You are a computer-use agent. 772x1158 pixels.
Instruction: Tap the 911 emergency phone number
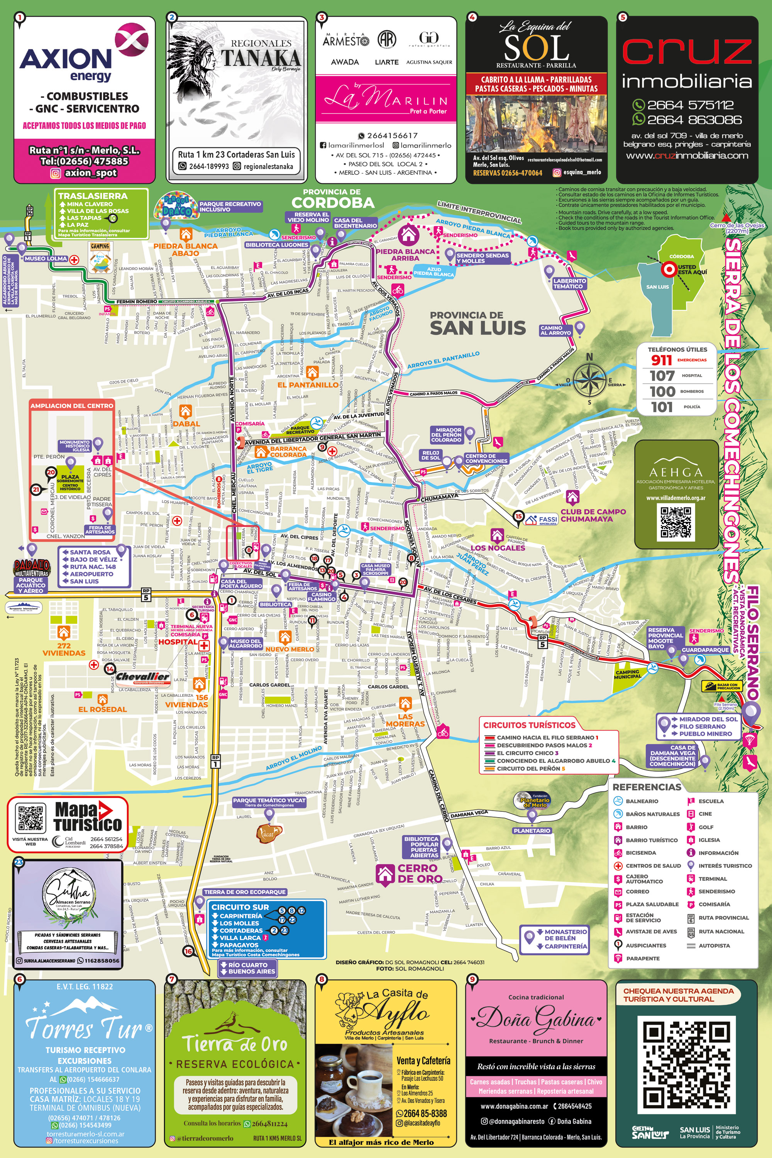point(661,360)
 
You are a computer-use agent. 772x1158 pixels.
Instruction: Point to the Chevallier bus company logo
point(142,677)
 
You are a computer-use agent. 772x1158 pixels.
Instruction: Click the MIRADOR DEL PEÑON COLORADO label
point(446,435)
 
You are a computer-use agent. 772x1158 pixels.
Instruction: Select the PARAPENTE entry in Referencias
point(643,958)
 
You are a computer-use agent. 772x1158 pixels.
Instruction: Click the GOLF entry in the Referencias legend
point(706,827)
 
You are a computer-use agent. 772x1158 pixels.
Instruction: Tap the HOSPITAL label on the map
point(178,642)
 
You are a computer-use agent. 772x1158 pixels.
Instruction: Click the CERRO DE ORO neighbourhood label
point(420,874)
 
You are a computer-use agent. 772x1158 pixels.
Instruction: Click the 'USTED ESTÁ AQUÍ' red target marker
point(669,269)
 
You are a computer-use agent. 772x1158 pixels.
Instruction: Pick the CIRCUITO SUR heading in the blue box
point(240,907)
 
